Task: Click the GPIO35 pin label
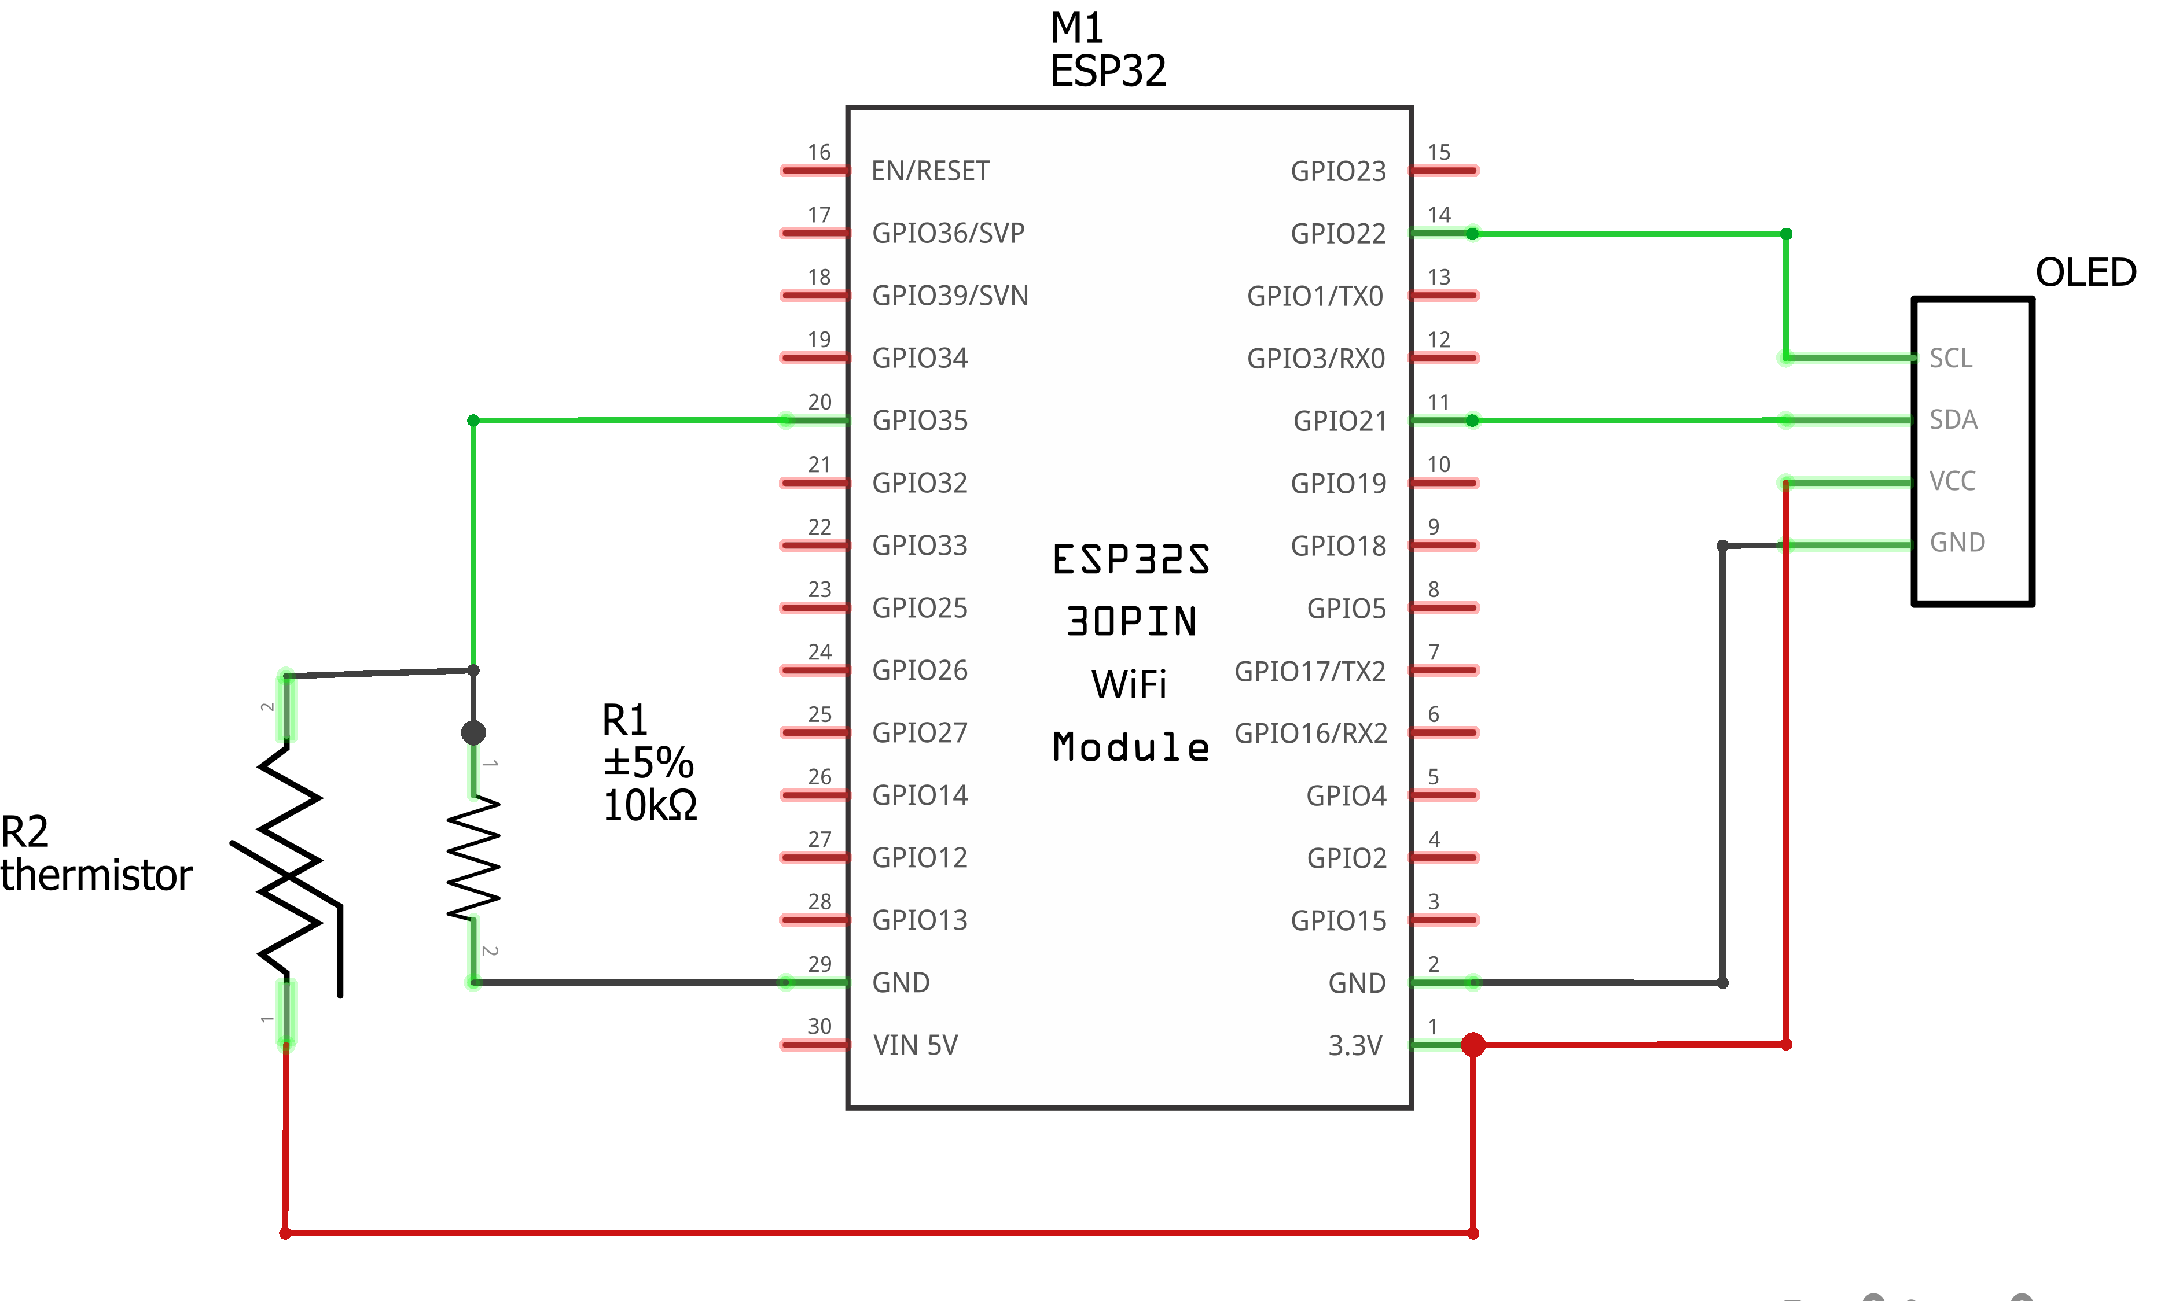click(920, 421)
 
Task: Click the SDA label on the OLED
click(1954, 420)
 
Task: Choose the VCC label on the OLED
click(1953, 481)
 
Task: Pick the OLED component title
click(2086, 272)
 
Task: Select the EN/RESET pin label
click(931, 171)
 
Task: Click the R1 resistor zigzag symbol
click(473, 859)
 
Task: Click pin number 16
click(819, 153)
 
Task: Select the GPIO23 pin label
click(1339, 172)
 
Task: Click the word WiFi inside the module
click(1130, 685)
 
